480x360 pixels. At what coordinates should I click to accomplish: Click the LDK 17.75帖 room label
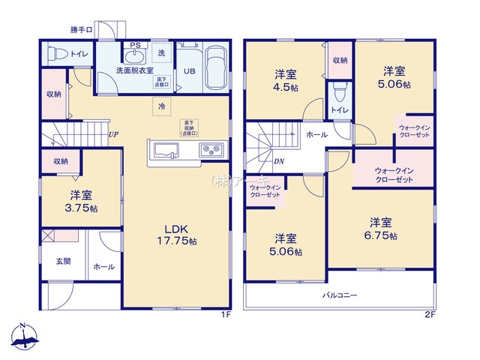pyautogui.click(x=181, y=235)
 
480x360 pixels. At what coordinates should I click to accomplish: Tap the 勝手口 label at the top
pyautogui.click(x=81, y=31)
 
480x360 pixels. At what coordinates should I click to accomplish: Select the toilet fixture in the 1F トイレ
pyautogui.click(x=54, y=54)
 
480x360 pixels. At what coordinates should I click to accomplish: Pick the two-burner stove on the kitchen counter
pyautogui.click(x=209, y=150)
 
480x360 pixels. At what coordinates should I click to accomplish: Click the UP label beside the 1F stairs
pyautogui.click(x=112, y=135)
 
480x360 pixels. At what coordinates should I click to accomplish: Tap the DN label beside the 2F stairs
pyautogui.click(x=279, y=161)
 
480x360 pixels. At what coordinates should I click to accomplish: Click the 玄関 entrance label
pyautogui.click(x=63, y=262)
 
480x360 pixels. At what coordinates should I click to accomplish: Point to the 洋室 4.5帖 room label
pyautogui.click(x=284, y=79)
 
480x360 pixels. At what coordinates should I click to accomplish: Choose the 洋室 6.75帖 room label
pyautogui.click(x=382, y=229)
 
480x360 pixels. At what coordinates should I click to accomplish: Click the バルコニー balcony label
pyautogui.click(x=340, y=295)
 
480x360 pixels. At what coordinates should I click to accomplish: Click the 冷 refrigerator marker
pyautogui.click(x=162, y=107)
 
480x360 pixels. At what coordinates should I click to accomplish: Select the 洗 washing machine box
pyautogui.click(x=162, y=53)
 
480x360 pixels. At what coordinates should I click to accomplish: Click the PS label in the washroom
pyautogui.click(x=136, y=46)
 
